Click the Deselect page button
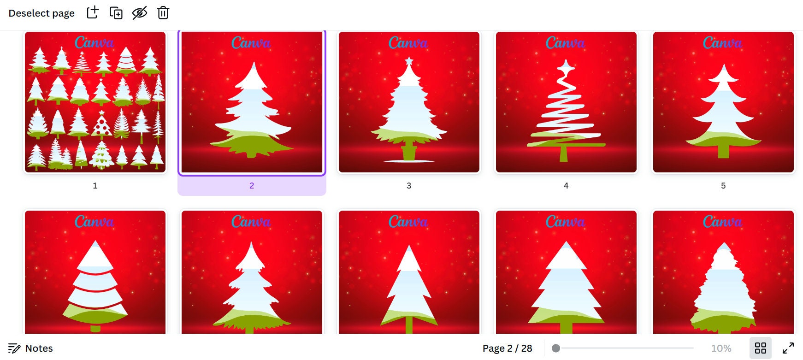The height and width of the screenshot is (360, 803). point(41,13)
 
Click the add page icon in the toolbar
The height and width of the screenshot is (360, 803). point(93,12)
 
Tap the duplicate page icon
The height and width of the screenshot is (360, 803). point(116,13)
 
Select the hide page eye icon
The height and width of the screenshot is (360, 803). point(140,13)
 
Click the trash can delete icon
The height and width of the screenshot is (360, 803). point(163,13)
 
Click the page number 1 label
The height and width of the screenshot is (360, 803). point(95,186)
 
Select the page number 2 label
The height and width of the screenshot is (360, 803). point(252,186)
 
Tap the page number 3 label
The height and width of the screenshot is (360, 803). point(409,186)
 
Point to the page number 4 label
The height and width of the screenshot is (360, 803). point(566,186)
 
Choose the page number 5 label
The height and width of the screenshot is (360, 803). point(723,186)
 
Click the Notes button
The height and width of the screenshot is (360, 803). point(31,348)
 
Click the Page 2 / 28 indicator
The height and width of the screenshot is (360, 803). point(507,348)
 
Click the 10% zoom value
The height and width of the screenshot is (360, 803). point(721,348)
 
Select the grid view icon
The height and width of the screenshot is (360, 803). point(761,348)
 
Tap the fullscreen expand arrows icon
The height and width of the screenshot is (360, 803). point(788,348)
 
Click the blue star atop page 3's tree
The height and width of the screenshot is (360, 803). point(409,61)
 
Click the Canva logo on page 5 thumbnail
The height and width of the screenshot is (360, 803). point(723,43)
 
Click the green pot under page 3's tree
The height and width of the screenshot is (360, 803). point(409,152)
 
